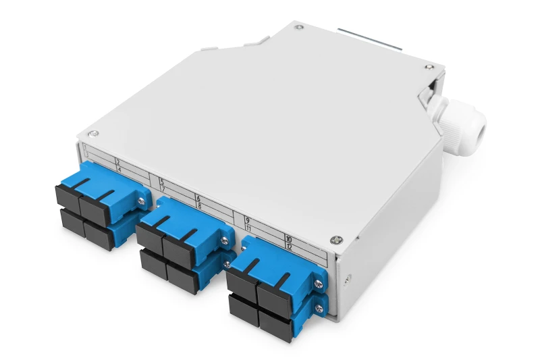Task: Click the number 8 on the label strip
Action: (x=200, y=205)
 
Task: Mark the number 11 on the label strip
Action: (x=248, y=229)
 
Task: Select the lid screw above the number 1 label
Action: (x=94, y=133)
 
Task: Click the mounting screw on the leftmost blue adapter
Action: (x=141, y=201)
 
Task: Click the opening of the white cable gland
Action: (x=481, y=130)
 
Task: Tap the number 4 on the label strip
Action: (x=119, y=170)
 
